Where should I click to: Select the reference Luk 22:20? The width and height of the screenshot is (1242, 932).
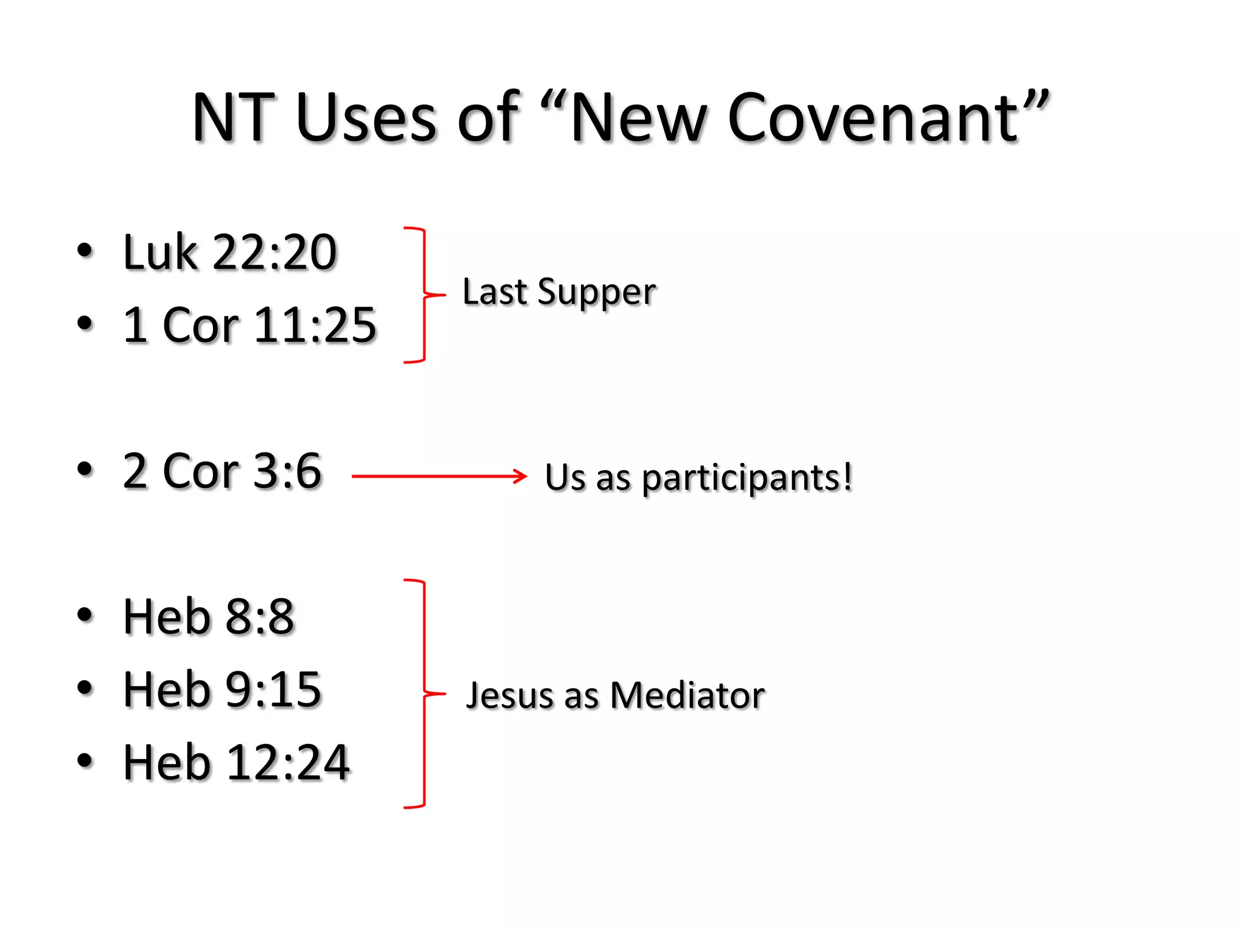[x=229, y=252]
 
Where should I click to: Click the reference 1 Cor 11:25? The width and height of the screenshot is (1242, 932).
[x=249, y=325]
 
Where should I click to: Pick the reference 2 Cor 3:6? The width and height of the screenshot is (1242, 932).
[x=222, y=471]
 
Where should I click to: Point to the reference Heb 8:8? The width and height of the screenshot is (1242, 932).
[x=209, y=617]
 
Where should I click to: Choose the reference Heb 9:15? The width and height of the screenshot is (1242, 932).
[x=222, y=690]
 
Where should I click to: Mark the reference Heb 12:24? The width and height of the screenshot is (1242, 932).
[x=237, y=763]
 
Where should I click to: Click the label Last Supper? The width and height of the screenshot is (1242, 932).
[x=559, y=292]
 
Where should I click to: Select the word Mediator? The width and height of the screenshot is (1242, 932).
[x=687, y=695]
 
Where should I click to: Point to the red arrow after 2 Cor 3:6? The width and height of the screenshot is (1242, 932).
[x=439, y=476]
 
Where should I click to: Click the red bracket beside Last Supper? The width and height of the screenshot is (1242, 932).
[x=424, y=295]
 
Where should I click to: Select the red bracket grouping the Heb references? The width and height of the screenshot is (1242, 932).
[x=424, y=693]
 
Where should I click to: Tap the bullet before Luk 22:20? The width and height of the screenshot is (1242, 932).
[x=85, y=251]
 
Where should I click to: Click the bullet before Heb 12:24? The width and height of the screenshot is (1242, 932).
[x=85, y=760]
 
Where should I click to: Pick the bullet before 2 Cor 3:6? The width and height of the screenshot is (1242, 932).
[x=85, y=469]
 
